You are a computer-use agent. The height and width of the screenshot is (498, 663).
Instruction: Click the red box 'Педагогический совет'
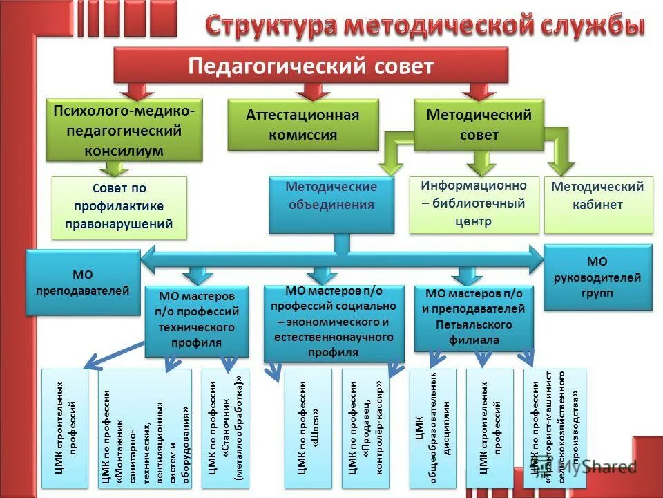311,66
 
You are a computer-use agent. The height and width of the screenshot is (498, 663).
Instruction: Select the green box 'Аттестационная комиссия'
303,124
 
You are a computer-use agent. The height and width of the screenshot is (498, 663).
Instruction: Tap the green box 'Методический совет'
479,124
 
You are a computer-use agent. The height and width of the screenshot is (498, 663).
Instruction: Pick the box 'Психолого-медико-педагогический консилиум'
124,130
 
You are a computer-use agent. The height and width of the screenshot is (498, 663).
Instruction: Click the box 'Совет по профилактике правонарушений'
119,207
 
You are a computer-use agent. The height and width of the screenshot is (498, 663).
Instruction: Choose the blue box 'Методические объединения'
331,204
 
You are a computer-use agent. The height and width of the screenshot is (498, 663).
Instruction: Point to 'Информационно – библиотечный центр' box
474,204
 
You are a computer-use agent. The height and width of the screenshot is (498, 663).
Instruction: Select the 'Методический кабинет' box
597,205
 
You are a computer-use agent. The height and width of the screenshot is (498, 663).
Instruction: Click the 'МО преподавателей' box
82,283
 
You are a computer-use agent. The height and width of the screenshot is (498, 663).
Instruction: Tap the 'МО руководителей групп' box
597,277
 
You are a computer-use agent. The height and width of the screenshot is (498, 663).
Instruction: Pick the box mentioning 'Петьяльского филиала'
474,317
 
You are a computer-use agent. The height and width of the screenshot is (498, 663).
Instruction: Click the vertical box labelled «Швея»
307,429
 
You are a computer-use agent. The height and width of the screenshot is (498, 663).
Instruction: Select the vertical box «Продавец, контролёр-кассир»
365,429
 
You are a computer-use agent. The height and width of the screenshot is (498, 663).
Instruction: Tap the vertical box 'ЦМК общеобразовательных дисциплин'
432,429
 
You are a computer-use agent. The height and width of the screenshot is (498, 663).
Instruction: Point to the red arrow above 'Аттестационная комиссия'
313,91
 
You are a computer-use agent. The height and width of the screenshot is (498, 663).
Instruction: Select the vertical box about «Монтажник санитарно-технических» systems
144,429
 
